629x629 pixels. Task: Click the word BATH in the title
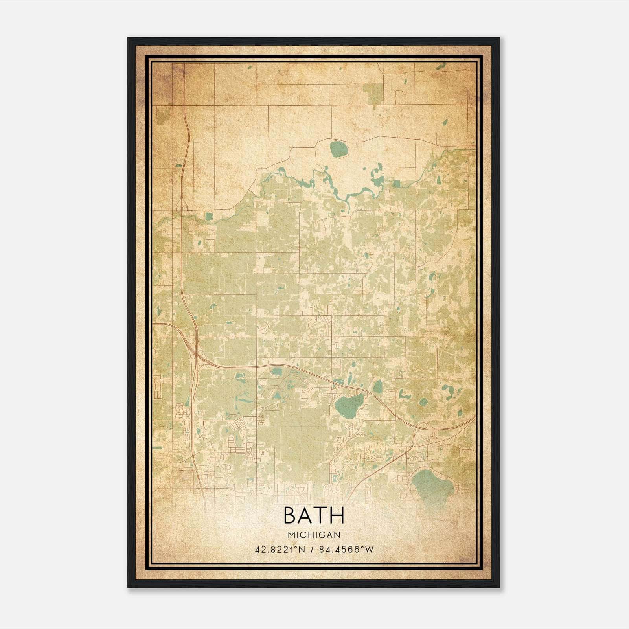coord(314,515)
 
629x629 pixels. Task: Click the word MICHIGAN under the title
coord(314,535)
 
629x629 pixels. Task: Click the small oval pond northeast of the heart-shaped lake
coord(377,387)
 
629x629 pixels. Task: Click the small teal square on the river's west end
coord(209,216)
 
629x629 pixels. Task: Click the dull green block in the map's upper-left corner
coord(161,116)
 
